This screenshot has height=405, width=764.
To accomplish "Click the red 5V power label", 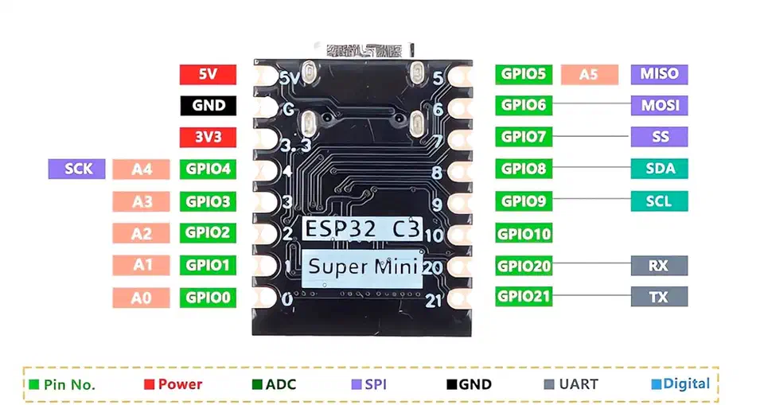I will coord(208,75).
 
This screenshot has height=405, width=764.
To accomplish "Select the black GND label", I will coord(208,105).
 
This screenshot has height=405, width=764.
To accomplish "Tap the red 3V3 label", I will coord(208,136).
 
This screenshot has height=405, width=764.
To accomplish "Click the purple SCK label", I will coord(76,169).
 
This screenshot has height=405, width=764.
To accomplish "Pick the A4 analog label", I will coord(142,169).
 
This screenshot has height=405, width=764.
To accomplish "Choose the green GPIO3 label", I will coord(208,201).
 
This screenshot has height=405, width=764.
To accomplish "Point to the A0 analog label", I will coord(142,298).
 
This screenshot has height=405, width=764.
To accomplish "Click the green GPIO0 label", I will coord(208,298).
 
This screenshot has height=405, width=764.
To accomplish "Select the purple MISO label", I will coord(659,74).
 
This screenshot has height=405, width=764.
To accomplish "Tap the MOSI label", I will coord(659,105).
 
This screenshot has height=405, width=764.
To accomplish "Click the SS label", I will coord(659,136).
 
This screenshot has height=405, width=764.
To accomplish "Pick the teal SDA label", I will coord(659,169).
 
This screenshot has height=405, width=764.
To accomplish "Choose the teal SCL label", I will coord(659,201).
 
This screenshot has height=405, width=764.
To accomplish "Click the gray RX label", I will coord(659,265).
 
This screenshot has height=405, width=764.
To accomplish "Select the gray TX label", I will coord(659,297).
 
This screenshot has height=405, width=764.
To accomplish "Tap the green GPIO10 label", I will coord(524,234).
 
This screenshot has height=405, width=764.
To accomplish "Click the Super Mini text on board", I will coord(361,267).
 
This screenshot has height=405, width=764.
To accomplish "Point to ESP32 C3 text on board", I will coord(361,229).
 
